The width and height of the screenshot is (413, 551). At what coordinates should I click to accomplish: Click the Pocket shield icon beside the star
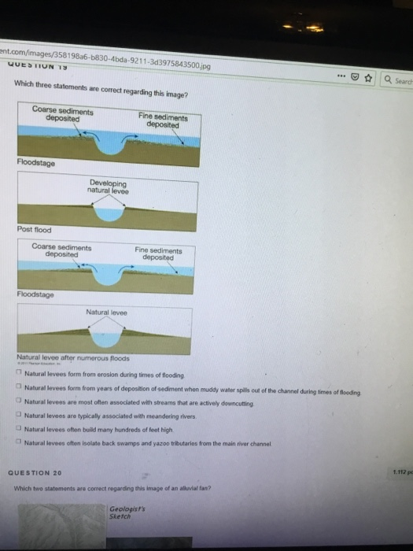pyautogui.click(x=356, y=78)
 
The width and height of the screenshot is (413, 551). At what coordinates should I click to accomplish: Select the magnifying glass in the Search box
pyautogui.click(x=389, y=79)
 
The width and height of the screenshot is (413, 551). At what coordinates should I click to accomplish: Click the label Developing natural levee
pyautogui.click(x=109, y=187)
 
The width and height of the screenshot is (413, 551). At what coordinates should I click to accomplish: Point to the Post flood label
pyautogui.click(x=34, y=230)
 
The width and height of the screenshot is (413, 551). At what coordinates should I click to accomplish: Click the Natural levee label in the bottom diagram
pyautogui.click(x=108, y=312)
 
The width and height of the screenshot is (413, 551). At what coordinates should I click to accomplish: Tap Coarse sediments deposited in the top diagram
pyautogui.click(x=63, y=114)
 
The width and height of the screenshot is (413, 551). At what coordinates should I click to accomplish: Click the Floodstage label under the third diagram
pyautogui.click(x=36, y=295)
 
